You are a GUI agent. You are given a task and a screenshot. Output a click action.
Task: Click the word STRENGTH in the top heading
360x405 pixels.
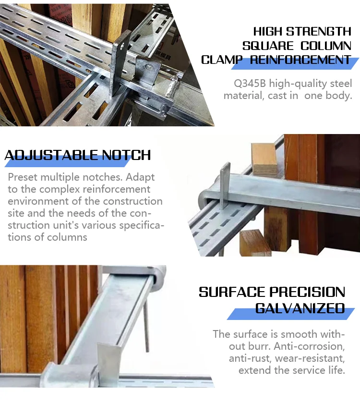coord(319,32)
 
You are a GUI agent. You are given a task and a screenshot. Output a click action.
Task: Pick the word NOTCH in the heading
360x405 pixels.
coord(126,155)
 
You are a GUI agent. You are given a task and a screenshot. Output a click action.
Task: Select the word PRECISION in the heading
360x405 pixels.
coord(307,292)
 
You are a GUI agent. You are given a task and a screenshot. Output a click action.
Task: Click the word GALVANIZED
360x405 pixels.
coord(300,308)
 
